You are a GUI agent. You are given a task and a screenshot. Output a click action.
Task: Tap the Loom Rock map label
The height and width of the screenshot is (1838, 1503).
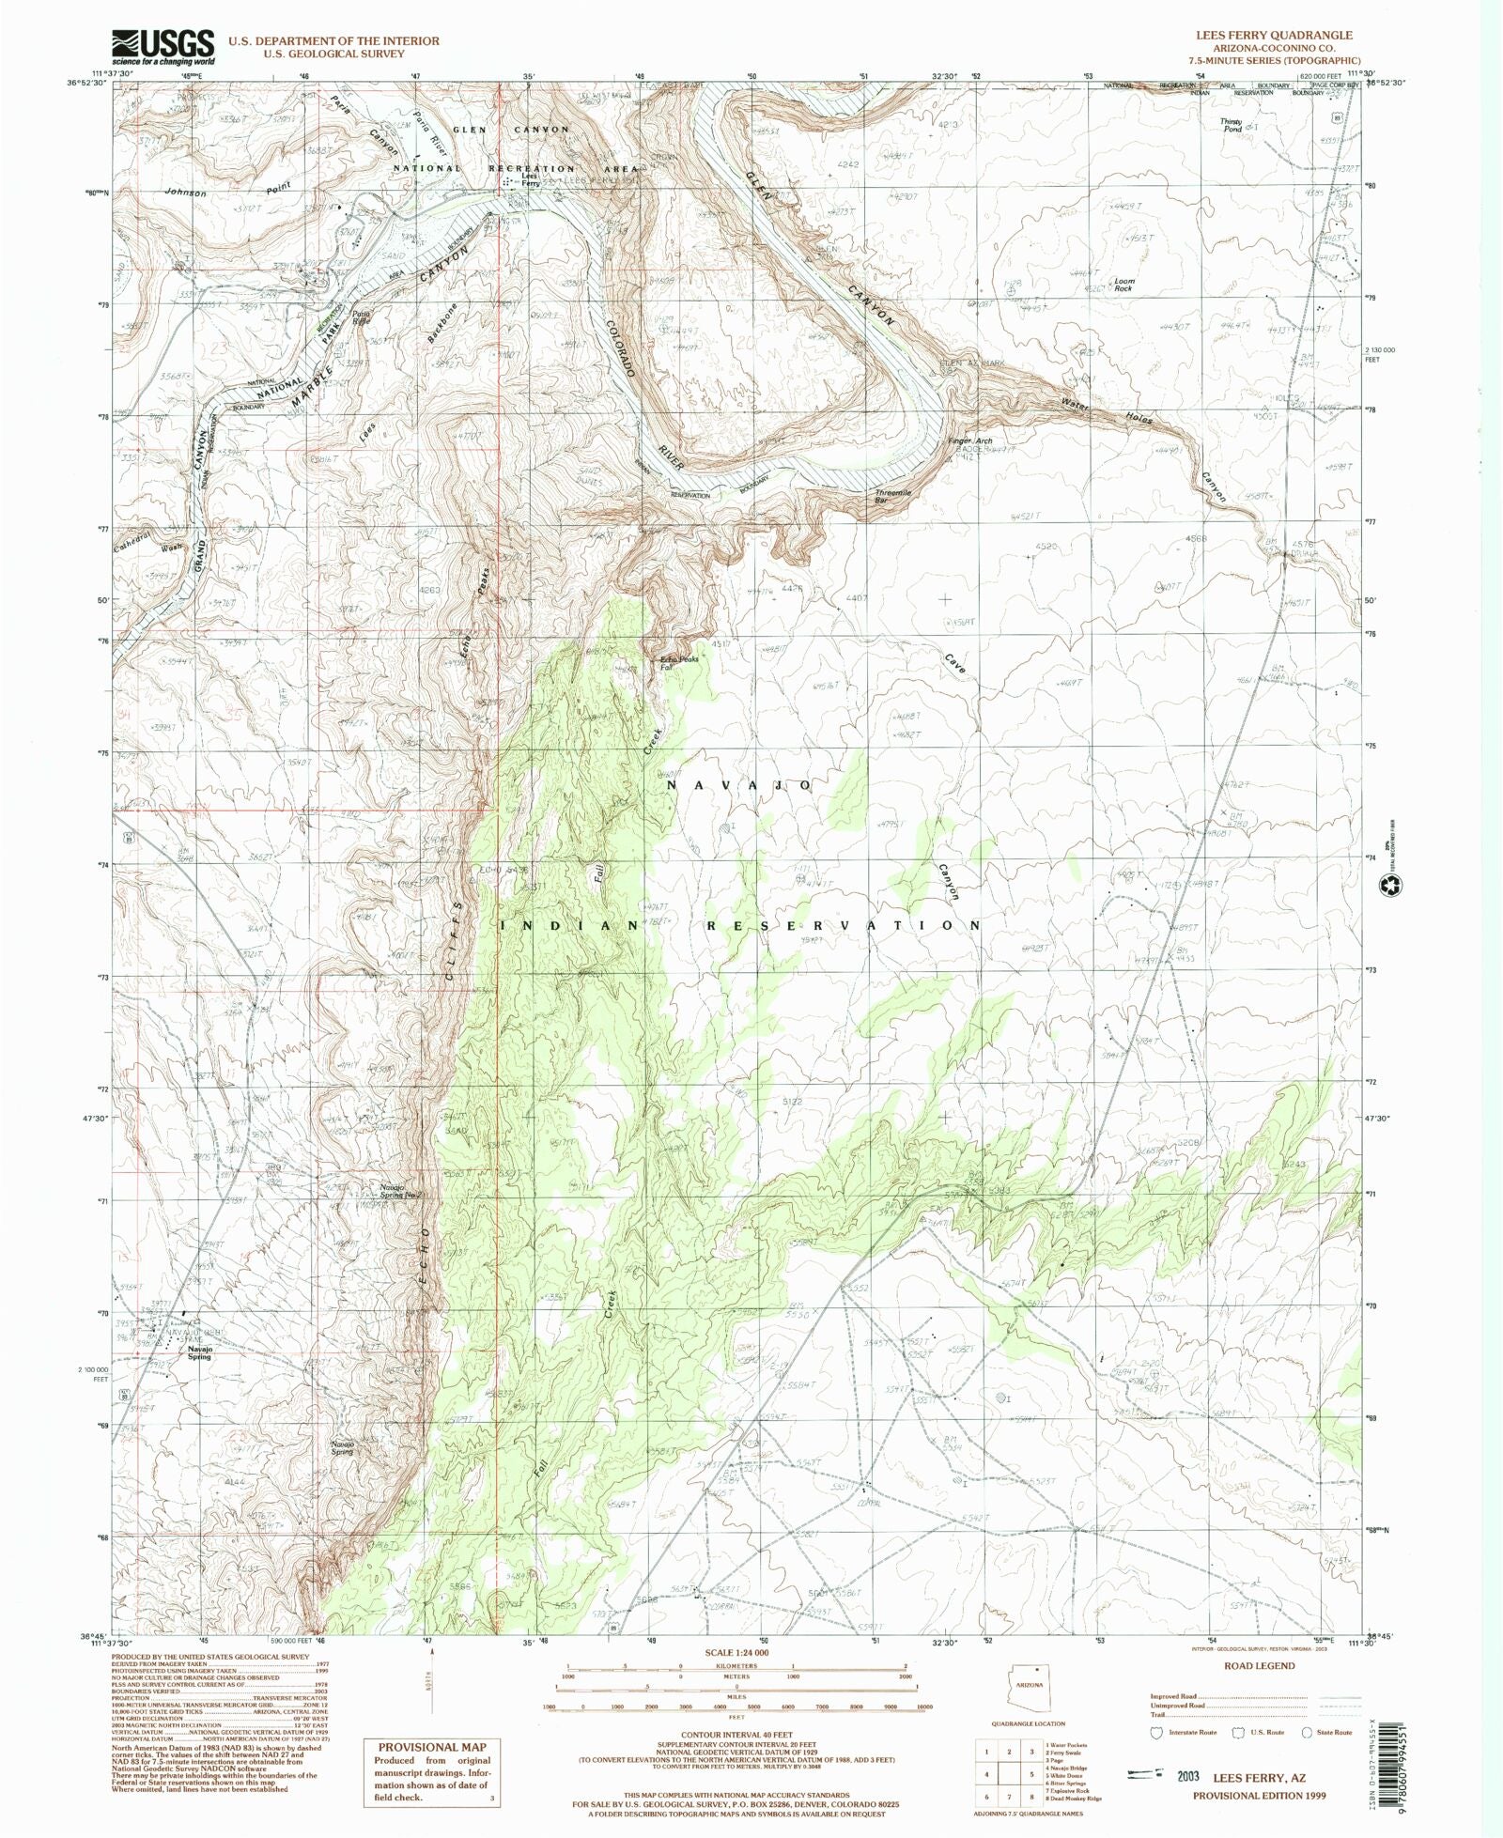click(1123, 285)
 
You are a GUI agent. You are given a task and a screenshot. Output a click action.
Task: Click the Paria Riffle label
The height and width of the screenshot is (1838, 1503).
click(361, 317)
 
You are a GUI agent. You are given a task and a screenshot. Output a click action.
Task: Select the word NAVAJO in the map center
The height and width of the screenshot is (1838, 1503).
click(739, 784)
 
